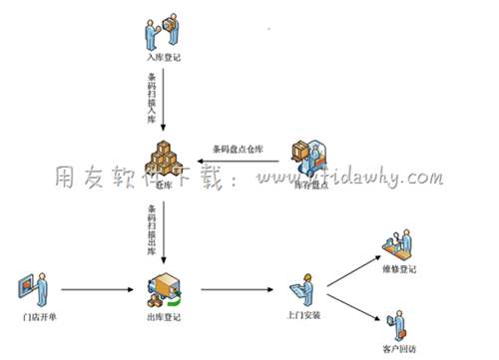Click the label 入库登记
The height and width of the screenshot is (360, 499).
pos(163,58)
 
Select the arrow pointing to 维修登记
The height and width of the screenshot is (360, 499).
pos(352,264)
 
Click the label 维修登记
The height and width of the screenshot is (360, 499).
pos(401,268)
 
